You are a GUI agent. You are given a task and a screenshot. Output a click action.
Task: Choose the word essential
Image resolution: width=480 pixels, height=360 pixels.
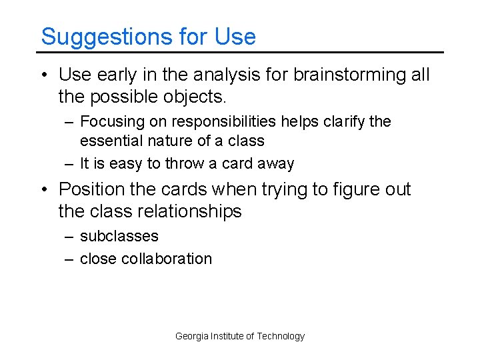tap(111, 141)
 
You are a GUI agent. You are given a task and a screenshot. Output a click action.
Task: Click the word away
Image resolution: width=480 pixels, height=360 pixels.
tap(275, 164)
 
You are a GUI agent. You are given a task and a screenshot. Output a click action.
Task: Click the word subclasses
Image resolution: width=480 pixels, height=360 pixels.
tap(119, 237)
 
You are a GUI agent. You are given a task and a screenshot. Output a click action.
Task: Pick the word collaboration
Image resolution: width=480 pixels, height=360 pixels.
tap(167, 259)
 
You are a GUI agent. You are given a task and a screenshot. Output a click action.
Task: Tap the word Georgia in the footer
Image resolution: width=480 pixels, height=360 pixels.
tap(191, 336)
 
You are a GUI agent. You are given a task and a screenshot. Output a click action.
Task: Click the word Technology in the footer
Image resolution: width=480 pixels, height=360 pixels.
tap(280, 336)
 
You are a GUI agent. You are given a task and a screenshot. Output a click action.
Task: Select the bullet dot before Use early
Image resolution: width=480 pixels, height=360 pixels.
tap(45, 75)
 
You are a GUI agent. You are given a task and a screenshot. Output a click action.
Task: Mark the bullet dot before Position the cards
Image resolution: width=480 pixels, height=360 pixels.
tap(45, 191)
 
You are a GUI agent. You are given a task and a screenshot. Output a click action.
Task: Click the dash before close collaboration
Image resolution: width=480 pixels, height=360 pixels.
tap(69, 259)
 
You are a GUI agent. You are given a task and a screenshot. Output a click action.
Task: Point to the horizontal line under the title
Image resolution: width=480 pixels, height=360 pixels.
tap(240, 52)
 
